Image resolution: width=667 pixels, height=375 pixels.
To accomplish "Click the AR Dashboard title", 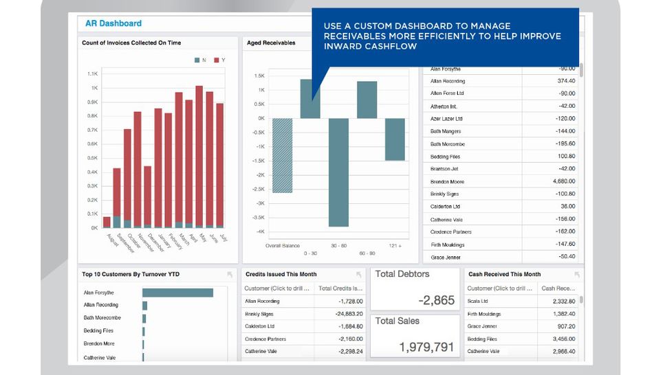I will pyautogui.click(x=113, y=23).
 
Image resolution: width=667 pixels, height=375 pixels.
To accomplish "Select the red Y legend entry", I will pyautogui.click(x=219, y=60).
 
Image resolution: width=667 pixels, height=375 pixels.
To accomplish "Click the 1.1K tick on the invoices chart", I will pyautogui.click(x=92, y=73).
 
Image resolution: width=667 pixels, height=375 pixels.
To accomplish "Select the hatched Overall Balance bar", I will pyautogui.click(x=283, y=155).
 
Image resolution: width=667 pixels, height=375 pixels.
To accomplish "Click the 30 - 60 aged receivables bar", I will pyautogui.click(x=338, y=172).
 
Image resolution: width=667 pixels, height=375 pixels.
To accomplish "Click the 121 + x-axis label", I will pyautogui.click(x=395, y=245).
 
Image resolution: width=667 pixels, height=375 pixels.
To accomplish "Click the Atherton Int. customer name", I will pyautogui.click(x=444, y=106).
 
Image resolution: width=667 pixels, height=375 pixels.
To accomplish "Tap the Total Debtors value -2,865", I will pyautogui.click(x=436, y=300).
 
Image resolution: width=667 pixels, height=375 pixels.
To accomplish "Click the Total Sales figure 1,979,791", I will pyautogui.click(x=426, y=347).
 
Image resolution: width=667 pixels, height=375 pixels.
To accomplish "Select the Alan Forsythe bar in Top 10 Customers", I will pyautogui.click(x=177, y=293).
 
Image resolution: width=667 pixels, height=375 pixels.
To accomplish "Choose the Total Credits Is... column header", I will pyautogui.click(x=340, y=288).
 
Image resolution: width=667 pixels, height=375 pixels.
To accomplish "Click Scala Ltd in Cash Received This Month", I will pyautogui.click(x=478, y=301).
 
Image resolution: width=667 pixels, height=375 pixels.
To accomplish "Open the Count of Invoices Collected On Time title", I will pyautogui.click(x=131, y=43).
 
